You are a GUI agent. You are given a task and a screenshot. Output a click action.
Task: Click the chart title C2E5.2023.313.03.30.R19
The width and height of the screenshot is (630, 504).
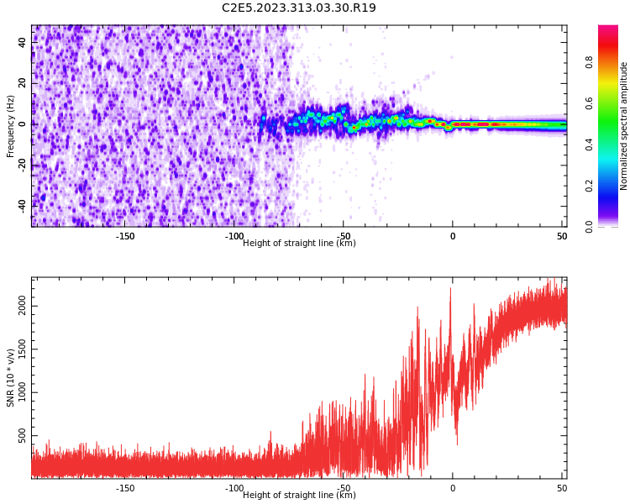[298, 8]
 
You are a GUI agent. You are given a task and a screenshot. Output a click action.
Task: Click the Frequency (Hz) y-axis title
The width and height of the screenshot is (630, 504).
[11, 126]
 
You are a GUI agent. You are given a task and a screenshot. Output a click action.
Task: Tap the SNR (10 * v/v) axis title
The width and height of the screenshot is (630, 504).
[11, 378]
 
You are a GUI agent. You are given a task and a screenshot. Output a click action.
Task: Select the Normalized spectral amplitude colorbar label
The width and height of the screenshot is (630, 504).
[624, 126]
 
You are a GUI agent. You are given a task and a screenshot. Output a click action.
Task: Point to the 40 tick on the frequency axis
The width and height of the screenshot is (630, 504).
[22, 43]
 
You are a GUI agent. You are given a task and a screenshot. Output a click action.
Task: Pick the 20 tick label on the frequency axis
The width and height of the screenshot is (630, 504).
[22, 83]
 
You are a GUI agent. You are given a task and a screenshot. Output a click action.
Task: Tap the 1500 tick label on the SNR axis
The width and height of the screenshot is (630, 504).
[23, 350]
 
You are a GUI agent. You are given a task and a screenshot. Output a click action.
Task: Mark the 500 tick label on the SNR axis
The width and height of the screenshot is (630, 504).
[23, 435]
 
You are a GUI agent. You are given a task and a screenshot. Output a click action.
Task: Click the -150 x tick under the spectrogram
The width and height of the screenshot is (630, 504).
[124, 236]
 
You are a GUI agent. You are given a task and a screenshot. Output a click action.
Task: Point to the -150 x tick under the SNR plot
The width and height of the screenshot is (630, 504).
[124, 488]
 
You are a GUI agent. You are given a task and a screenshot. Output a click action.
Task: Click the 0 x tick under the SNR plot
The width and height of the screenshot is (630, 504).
[452, 488]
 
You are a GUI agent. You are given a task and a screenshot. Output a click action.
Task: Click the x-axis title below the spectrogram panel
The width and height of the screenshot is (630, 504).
[299, 244]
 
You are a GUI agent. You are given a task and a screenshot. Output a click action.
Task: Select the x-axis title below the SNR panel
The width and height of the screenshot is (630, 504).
[299, 496]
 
